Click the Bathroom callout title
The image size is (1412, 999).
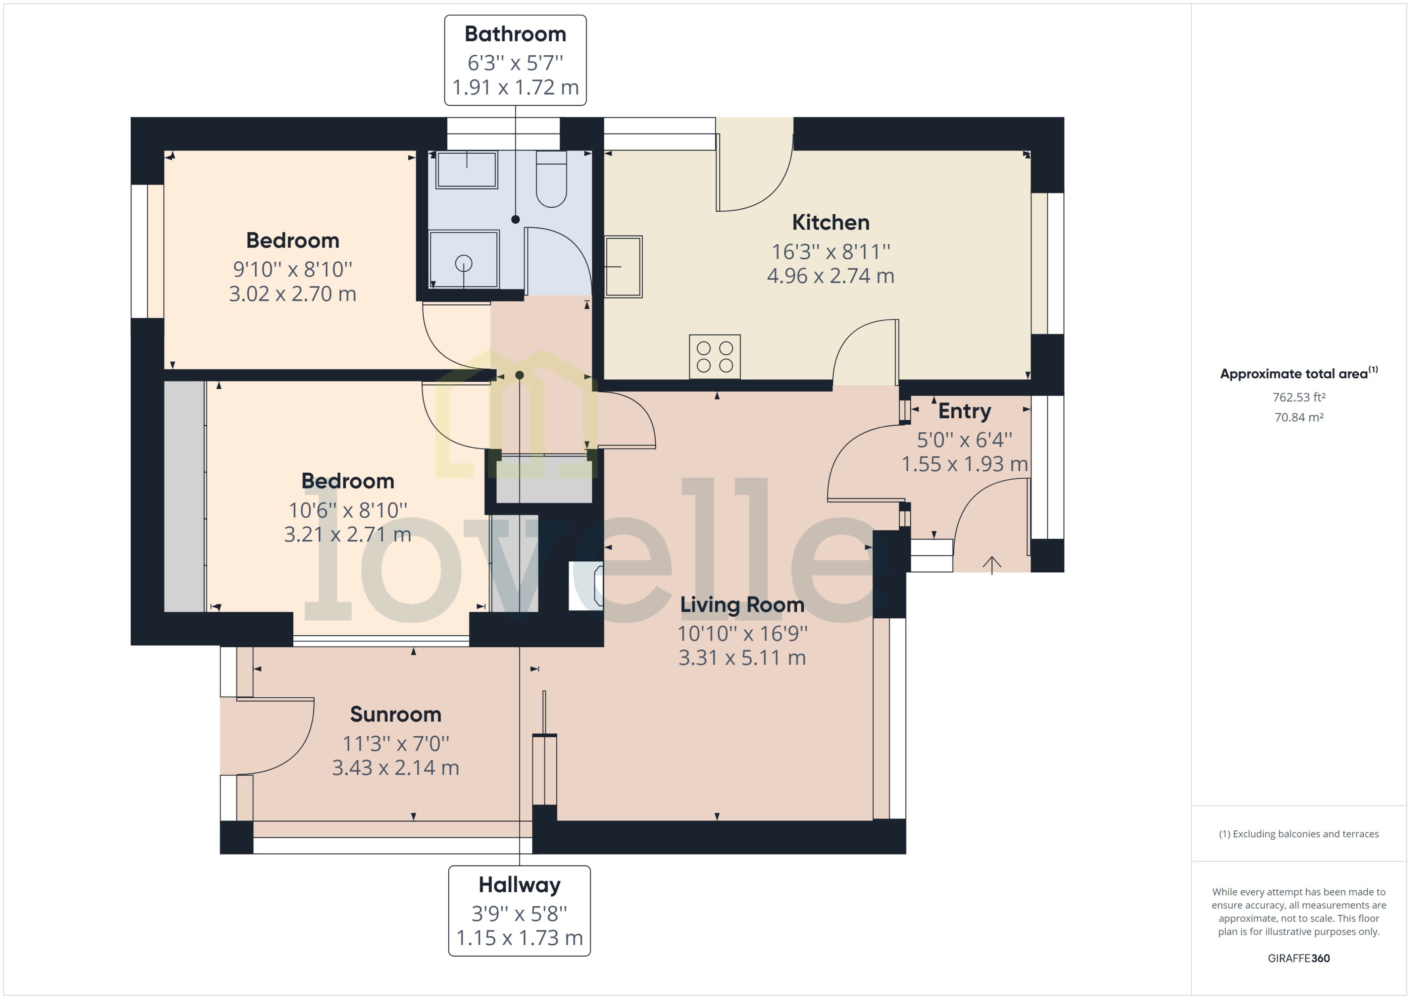click(515, 34)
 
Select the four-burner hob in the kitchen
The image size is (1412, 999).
click(714, 357)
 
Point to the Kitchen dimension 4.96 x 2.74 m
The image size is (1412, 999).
click(830, 275)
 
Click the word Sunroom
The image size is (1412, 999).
click(396, 714)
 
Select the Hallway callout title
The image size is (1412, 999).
click(519, 884)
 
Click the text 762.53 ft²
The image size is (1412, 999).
click(1298, 397)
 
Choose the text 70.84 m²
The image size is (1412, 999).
click(1298, 417)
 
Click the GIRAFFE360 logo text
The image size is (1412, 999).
click(1298, 958)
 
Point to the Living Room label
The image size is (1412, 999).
click(742, 605)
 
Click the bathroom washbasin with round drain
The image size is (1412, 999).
click(463, 260)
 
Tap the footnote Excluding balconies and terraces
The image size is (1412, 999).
click(1298, 834)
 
